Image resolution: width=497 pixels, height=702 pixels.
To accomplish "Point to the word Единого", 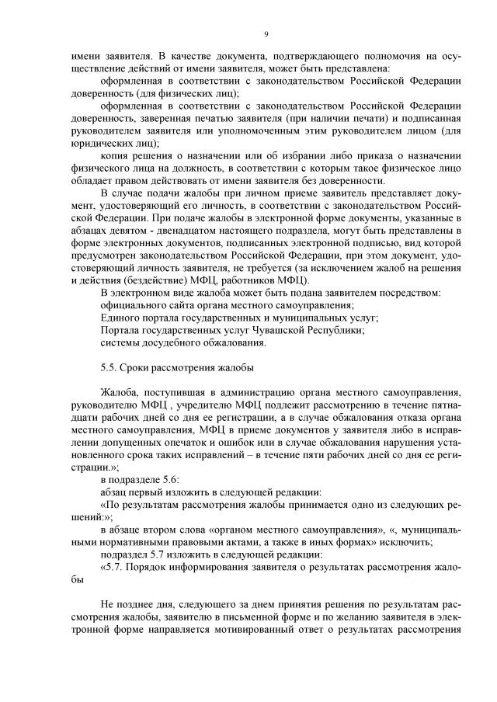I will point(120,318).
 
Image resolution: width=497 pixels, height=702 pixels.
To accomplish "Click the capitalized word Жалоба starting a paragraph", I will point(118,391).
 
